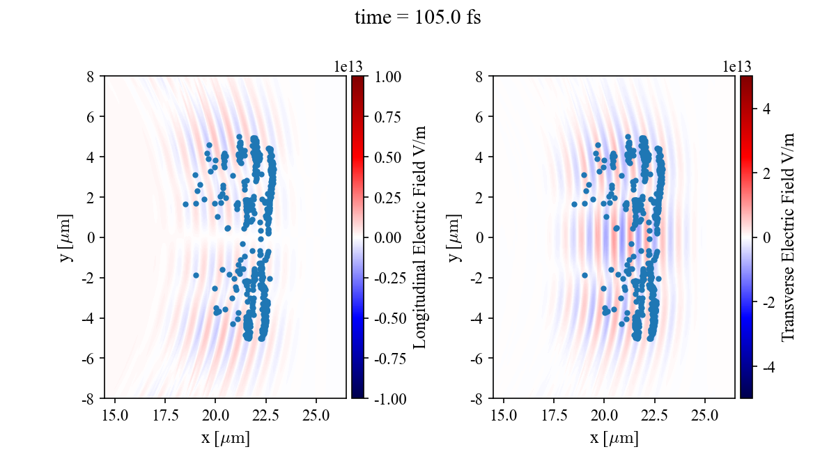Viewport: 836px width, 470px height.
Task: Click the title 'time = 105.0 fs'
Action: (417, 17)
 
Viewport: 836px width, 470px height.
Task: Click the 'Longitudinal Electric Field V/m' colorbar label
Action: (419, 237)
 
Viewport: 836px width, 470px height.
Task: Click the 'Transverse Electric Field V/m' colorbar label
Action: (787, 237)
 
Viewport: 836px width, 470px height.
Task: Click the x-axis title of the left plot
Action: (225, 439)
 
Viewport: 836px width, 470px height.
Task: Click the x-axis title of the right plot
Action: (614, 439)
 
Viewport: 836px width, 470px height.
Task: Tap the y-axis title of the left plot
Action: (67, 237)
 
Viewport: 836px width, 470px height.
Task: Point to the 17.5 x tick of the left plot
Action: (165, 416)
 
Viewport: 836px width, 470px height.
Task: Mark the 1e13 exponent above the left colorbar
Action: (348, 66)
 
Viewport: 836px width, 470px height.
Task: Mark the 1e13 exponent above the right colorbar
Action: (737, 66)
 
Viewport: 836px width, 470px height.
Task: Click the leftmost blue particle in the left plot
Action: (185, 204)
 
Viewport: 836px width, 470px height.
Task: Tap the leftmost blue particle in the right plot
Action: (574, 204)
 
